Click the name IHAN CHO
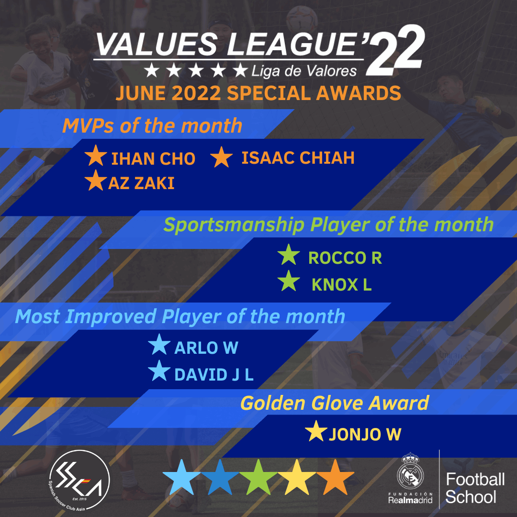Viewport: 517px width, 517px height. point(153,158)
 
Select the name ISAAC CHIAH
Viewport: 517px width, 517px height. point(298,157)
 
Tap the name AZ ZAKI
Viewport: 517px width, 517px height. point(141,183)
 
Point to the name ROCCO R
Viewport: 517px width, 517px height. point(345,258)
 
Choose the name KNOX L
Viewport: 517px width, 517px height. point(342,284)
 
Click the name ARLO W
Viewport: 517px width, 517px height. point(206,348)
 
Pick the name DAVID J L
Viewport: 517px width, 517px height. point(214,375)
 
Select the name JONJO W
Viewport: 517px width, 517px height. point(365,435)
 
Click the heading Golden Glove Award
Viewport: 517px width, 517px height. point(335,403)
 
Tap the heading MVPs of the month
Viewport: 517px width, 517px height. point(152,126)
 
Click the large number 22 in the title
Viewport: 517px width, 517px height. point(394,50)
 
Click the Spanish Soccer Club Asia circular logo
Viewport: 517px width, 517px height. point(79,481)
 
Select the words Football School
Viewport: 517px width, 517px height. point(475,488)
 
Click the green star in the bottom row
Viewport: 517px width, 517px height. point(258,477)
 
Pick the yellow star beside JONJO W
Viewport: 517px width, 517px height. point(316,431)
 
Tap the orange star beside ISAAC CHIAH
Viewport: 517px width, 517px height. point(221,157)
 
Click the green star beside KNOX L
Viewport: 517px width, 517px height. point(289,281)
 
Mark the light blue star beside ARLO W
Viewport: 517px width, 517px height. point(159,344)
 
